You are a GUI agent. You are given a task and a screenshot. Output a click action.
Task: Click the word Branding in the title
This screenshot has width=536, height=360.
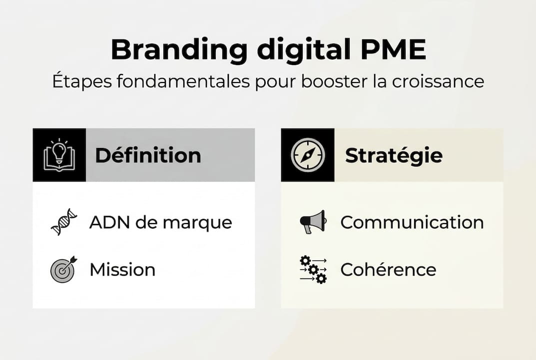178,50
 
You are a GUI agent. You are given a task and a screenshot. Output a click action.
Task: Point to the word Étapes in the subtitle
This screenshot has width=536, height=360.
79,81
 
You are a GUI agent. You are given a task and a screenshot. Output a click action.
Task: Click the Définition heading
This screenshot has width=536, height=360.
148,155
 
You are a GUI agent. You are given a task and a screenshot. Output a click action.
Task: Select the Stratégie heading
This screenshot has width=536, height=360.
394,155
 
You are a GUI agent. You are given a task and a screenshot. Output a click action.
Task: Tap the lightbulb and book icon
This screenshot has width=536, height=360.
59,155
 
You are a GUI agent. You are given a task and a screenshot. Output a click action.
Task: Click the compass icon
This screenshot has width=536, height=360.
308,155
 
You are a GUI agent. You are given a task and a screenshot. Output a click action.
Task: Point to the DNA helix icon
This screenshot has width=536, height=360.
64,222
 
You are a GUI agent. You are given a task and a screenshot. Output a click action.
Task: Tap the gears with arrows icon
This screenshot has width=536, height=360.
313,269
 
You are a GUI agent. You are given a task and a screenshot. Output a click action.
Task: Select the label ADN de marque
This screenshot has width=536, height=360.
160,222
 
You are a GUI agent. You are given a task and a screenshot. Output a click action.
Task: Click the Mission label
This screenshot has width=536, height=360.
122,270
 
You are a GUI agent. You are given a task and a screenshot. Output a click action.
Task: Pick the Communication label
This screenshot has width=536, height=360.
412,222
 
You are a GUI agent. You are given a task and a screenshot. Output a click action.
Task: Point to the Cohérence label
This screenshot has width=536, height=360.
388,270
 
